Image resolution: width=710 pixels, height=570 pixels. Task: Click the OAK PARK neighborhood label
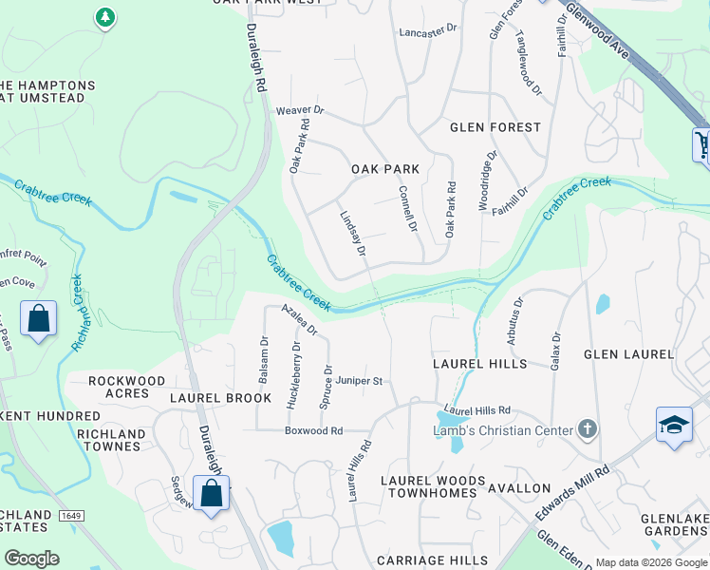tap(385, 169)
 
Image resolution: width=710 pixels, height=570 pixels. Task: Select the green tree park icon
tap(105, 17)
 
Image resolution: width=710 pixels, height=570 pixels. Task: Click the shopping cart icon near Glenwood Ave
tap(701, 144)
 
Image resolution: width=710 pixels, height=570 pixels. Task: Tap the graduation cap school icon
tap(673, 425)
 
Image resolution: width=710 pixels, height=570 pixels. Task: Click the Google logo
tap(31, 559)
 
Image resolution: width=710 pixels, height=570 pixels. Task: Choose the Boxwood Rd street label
tap(313, 430)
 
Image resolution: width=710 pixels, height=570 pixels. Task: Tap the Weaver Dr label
tap(300, 111)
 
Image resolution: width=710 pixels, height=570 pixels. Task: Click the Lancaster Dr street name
tap(427, 31)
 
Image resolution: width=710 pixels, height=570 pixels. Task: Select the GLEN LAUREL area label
tap(628, 354)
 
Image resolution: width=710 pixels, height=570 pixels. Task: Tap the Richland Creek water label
tap(78, 313)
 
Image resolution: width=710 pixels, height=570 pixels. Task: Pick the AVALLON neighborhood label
tap(518, 488)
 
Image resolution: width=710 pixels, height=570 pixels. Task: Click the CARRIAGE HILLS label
tap(425, 561)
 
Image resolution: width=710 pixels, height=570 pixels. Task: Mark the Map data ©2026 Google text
tap(650, 562)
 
